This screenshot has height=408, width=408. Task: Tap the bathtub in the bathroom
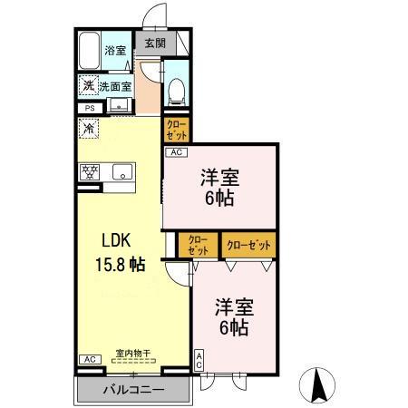point(88,51)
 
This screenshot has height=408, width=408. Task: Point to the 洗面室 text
point(114,87)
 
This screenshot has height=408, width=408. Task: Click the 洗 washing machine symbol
point(89,86)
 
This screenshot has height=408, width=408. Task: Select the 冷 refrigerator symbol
point(89,130)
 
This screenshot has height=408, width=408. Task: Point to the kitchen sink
point(121,170)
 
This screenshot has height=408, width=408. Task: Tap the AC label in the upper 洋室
point(175,152)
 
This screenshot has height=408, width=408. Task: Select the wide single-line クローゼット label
point(247,244)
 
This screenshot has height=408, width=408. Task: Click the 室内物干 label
point(131,353)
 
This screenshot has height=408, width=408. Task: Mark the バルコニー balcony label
point(132,389)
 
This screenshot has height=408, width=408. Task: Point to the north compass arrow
point(320,384)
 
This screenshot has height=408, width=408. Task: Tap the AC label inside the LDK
point(89,360)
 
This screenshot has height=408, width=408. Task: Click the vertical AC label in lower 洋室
point(199,360)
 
